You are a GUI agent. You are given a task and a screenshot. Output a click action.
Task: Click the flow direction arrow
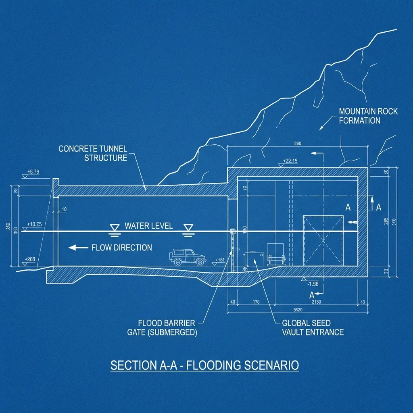78,247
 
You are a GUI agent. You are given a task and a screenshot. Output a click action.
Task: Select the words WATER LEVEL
149,225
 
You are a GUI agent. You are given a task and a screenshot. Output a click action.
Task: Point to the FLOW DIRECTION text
122,247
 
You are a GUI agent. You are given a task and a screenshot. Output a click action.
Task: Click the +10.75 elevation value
34,224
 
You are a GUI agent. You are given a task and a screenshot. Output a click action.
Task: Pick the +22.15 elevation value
290,161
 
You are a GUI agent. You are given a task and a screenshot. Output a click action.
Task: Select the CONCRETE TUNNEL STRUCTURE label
93,153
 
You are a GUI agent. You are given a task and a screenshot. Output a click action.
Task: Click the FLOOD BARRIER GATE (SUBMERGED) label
167,327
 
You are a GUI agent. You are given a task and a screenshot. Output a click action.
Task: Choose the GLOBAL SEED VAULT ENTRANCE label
313,327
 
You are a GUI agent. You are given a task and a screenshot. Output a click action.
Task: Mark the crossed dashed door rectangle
323,241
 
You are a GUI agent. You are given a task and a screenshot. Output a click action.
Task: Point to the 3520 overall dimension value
298,310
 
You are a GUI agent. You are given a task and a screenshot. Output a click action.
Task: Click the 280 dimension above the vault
298,143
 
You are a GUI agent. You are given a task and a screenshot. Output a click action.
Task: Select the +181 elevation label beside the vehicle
220,260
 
